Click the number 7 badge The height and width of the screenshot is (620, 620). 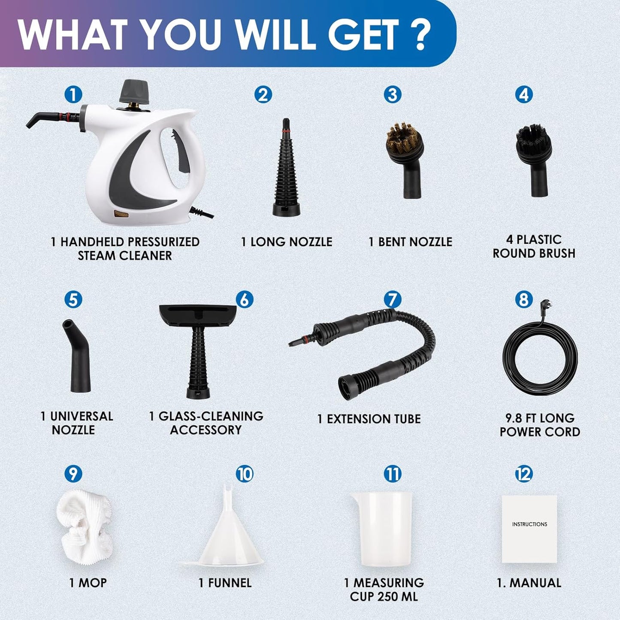(x=392, y=299)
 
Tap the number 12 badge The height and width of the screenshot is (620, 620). (x=523, y=474)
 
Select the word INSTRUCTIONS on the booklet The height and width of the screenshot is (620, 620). (x=529, y=524)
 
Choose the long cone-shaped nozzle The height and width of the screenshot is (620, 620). (x=286, y=172)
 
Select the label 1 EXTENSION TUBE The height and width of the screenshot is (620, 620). (x=369, y=419)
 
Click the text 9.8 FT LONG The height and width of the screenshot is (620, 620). (x=539, y=418)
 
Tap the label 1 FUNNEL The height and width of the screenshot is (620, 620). (x=225, y=583)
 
